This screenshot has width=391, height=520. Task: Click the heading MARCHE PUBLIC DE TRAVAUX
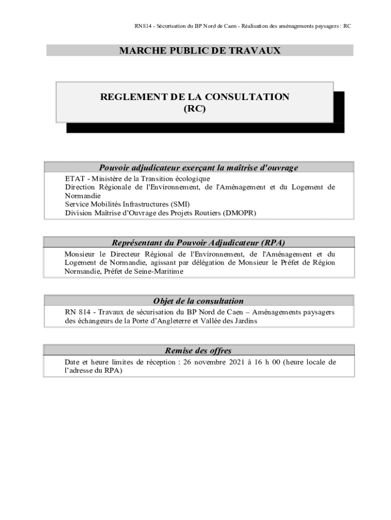(200, 51)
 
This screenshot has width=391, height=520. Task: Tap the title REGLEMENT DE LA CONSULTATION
(194, 97)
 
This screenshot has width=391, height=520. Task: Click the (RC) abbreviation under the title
(194, 108)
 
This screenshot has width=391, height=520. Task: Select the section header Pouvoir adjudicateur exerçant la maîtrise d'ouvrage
(199, 168)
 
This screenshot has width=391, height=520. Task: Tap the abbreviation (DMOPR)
(239, 213)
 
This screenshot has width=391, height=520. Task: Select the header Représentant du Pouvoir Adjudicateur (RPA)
(199, 243)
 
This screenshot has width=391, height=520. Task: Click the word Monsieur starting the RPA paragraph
(80, 254)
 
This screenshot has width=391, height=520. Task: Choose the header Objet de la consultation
(199, 301)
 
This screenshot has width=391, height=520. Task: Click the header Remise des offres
(199, 350)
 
